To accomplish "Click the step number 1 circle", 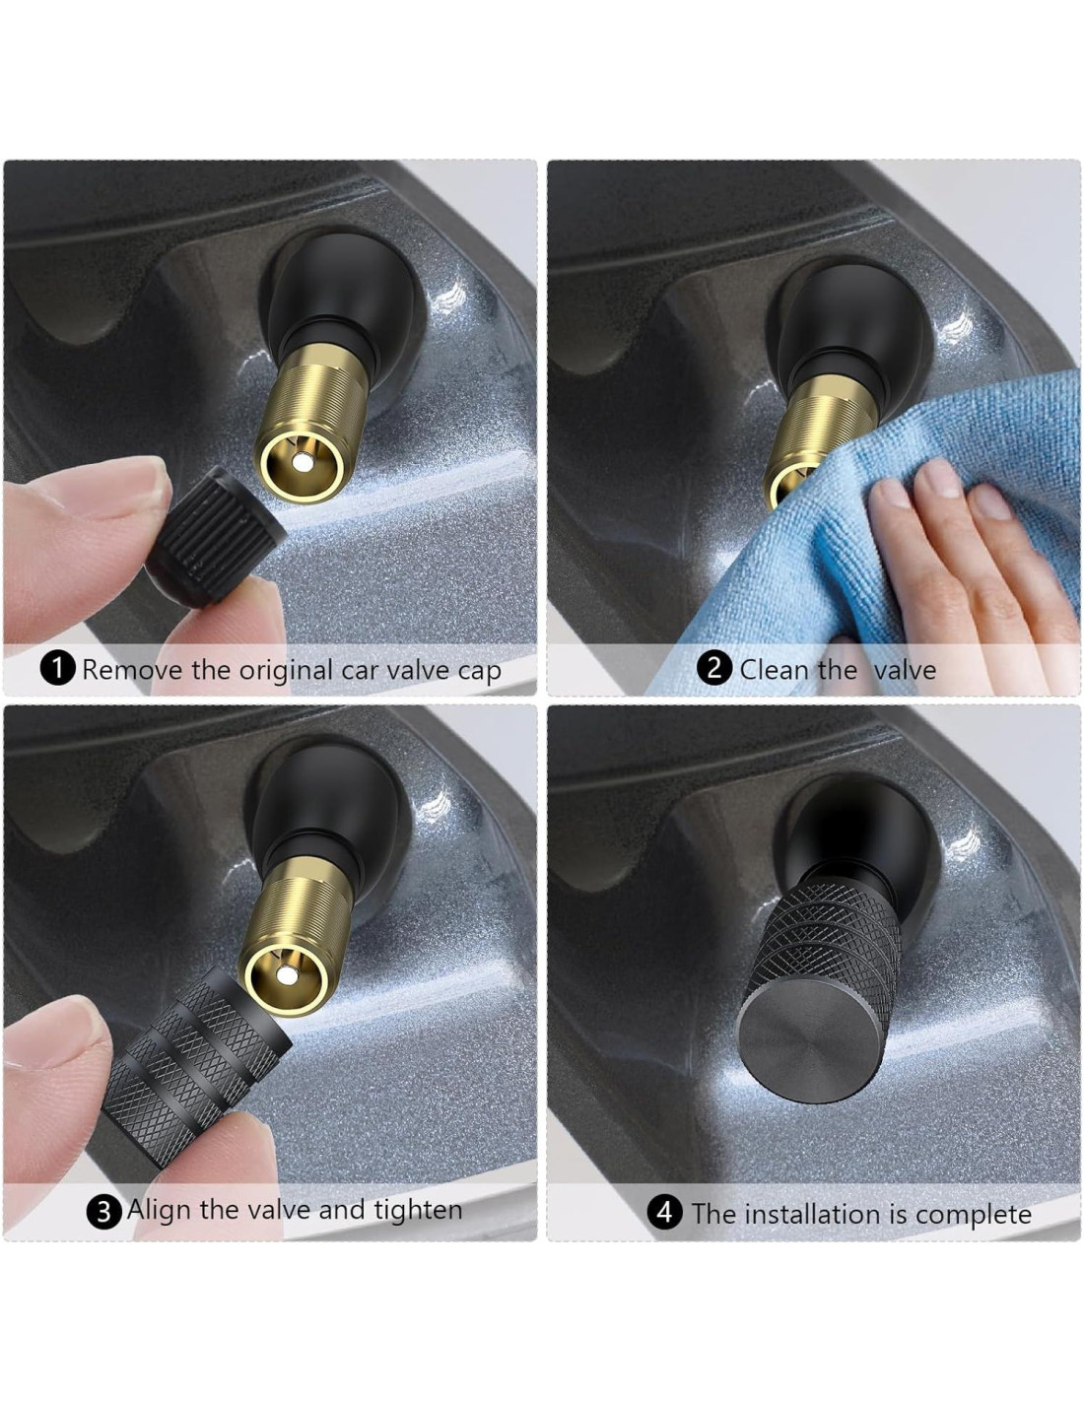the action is tap(58, 669).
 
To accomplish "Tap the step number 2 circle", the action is tap(713, 667).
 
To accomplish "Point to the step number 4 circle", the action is tap(665, 1212).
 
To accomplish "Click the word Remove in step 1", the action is tap(133, 670).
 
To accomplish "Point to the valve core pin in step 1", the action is tap(300, 462).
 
